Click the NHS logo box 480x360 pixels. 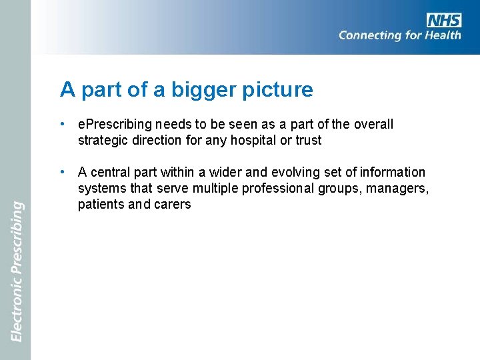tap(443, 20)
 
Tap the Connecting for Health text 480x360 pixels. tap(399, 35)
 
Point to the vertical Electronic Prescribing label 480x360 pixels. tap(17, 271)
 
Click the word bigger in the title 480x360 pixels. tap(205, 89)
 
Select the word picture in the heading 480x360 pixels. tap(281, 89)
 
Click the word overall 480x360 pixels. tap(374, 124)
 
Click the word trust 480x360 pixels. tap(308, 140)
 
